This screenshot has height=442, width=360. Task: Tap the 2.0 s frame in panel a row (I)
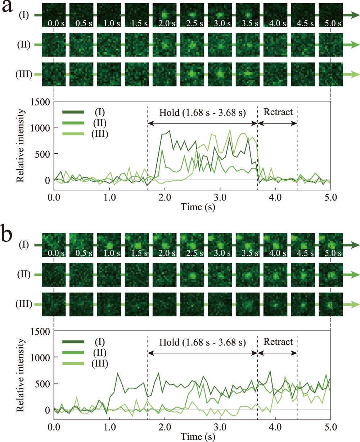tap(165, 15)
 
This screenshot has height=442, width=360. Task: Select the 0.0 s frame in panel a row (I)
tap(54, 15)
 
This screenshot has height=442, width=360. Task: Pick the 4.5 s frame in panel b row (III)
tap(303, 305)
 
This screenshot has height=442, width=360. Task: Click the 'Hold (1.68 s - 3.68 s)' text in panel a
tap(202, 112)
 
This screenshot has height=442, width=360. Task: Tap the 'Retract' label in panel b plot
tap(278, 341)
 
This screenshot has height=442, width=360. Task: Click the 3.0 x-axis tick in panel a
tap(220, 198)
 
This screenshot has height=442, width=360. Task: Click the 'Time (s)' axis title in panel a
tap(193, 208)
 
